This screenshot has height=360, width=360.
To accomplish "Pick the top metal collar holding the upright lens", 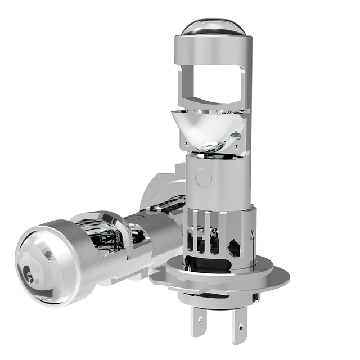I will click(213, 44).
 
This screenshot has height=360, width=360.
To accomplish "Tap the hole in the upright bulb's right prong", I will click(240, 325).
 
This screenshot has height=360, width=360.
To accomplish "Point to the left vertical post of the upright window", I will click(183, 84).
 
